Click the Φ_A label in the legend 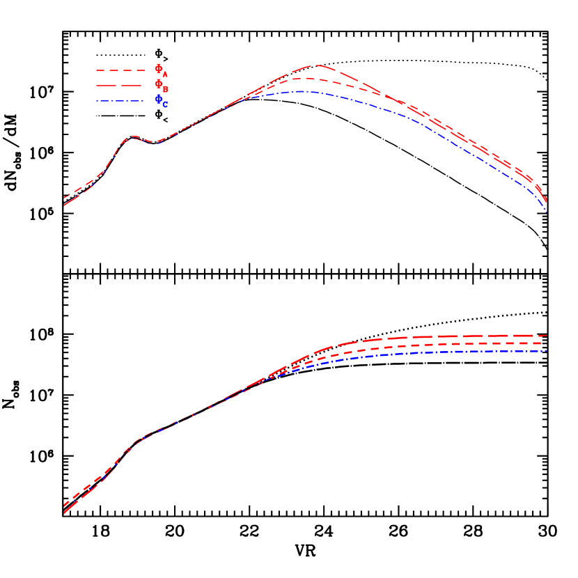tap(161, 70)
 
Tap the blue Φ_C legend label tap(161, 101)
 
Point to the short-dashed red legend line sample tap(120, 70)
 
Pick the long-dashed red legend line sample tap(120, 85)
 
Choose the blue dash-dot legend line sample tap(120, 100)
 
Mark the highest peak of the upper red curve tap(318, 65)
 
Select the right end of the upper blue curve tap(547, 212)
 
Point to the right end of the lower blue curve tap(547, 351)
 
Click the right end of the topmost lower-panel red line tap(547, 336)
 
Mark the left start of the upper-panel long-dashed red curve tap(64, 205)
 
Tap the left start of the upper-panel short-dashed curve tap(64, 198)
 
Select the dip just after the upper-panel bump tap(157, 143)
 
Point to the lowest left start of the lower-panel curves tap(64, 513)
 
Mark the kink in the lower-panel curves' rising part tap(136, 441)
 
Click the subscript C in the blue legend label tap(165, 105)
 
